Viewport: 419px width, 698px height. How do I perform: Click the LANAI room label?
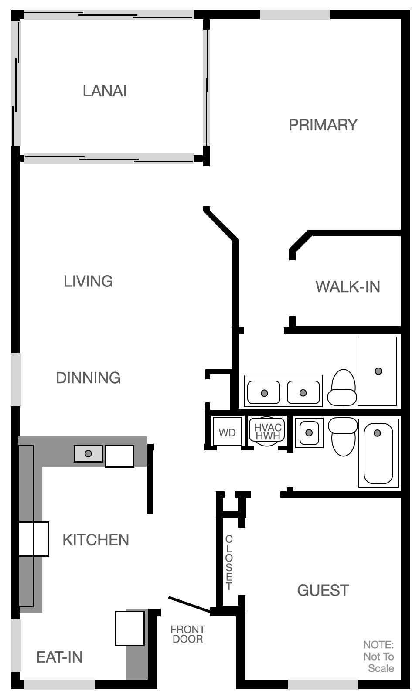pos(105,91)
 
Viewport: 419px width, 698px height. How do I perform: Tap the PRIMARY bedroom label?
pos(323,125)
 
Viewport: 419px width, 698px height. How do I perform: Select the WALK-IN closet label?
pos(347,287)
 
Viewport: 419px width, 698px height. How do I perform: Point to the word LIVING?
pos(88,281)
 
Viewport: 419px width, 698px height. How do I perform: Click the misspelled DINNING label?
pos(88,378)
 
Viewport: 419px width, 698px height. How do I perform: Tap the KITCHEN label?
pos(95,540)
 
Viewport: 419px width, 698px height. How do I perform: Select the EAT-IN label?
pos(59,657)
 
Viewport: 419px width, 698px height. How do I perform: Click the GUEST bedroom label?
pos(323,591)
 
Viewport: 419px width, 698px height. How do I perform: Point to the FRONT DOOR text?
pos(187,634)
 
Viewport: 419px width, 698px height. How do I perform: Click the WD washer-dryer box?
pos(227,432)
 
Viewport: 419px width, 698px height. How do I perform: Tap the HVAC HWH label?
pos(268,431)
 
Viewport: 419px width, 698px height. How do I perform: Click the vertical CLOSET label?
pos(229,562)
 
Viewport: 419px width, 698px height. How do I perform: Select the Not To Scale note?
pos(378,657)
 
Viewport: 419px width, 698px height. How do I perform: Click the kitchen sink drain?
pos(88,454)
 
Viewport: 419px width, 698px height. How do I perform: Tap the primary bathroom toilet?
pos(343,388)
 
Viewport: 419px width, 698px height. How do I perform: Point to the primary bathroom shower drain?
pos(378,371)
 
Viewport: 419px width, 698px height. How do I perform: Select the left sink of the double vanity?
pos(264,393)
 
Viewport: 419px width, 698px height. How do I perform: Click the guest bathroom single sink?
pos(309,432)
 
